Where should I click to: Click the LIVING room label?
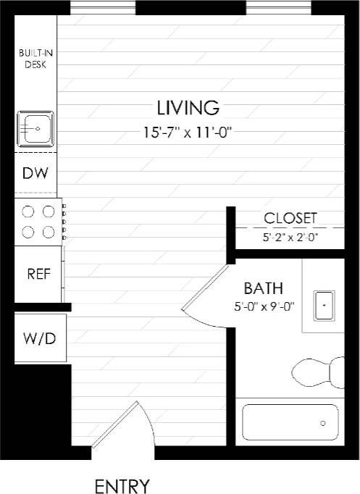coord(188,108)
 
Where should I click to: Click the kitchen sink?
coord(35,130)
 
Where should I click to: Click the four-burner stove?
coord(38,222)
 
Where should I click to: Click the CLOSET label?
coord(290,218)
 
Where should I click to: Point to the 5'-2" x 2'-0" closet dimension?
coord(290,236)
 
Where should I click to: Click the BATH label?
coord(262,288)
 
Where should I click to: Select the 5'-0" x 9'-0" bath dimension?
coord(263,306)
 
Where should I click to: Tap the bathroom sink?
coord(324,306)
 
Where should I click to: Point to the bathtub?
coord(290,422)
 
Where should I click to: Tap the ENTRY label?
coord(122,485)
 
